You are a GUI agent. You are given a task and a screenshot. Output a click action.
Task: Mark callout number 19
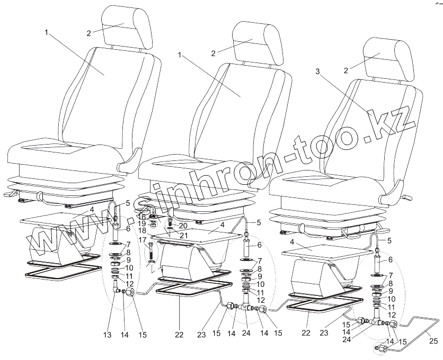(x=142, y=223)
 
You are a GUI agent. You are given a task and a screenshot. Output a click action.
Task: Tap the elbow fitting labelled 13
(x=116, y=287)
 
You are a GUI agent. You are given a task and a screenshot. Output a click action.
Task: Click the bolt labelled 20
(x=170, y=222)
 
